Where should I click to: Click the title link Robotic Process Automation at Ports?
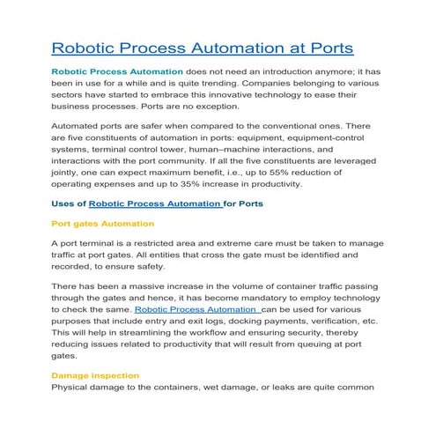coord(203,47)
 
